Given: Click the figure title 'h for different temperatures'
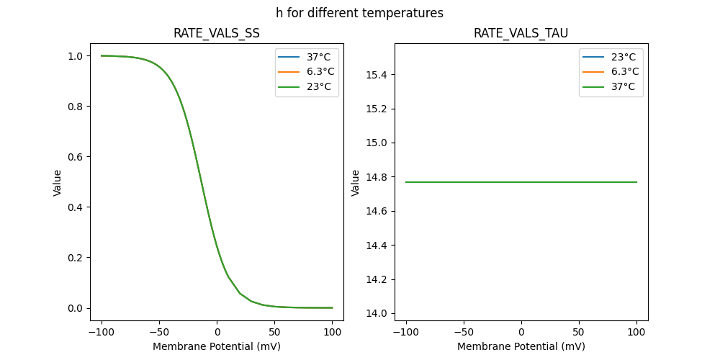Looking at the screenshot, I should [x=359, y=13].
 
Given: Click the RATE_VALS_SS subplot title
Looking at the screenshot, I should [x=217, y=33].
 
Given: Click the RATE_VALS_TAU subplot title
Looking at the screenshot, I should [x=521, y=33].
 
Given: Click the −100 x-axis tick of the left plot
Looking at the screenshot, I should [x=102, y=332].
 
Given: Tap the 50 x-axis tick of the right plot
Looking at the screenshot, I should [x=579, y=332].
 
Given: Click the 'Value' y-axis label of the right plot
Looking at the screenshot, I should [x=356, y=183].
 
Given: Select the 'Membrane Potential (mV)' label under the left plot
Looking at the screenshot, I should [x=217, y=346].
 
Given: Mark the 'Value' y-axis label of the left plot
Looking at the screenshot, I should [x=58, y=183].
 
